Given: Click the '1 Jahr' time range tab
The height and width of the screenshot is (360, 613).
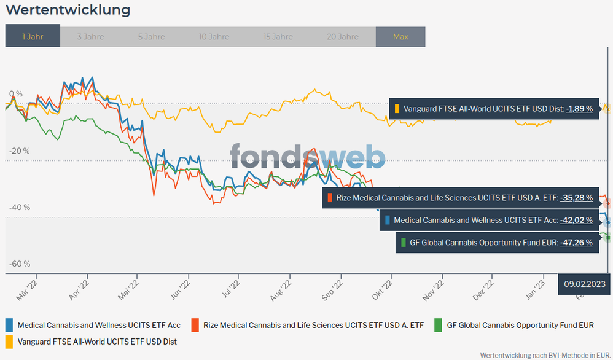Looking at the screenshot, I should pyautogui.click(x=33, y=37).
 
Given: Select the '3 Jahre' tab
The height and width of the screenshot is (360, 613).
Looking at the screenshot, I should pyautogui.click(x=90, y=37).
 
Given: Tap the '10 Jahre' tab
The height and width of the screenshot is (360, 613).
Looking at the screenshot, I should pyautogui.click(x=214, y=37).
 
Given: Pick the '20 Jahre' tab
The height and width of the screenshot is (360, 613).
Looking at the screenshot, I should pyautogui.click(x=343, y=37).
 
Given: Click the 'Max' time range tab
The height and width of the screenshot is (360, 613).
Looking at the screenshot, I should pyautogui.click(x=400, y=37).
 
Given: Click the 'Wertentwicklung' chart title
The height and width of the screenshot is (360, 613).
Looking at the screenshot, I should pyautogui.click(x=68, y=10).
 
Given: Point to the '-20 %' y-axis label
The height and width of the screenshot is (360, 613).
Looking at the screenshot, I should pyautogui.click(x=19, y=151).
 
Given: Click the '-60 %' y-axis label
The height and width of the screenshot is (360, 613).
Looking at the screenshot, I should pyautogui.click(x=19, y=264).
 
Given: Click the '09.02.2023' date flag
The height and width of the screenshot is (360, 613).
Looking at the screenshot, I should pyautogui.click(x=585, y=283).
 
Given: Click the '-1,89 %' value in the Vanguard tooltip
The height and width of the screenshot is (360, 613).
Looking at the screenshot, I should pyautogui.click(x=579, y=109).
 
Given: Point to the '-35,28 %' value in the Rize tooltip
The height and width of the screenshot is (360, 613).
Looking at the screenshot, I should pyautogui.click(x=576, y=198).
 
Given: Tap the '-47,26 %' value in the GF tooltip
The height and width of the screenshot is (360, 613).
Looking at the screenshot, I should pyautogui.click(x=576, y=243).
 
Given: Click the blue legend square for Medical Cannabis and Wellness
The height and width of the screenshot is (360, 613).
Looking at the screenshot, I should pyautogui.click(x=9, y=324).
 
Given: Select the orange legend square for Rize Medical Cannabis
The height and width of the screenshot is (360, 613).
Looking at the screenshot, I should pyautogui.click(x=195, y=324).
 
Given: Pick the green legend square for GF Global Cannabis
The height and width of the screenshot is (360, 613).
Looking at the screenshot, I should pyautogui.click(x=439, y=324).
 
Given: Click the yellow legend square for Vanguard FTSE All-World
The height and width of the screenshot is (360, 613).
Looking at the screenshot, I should pyautogui.click(x=9, y=340).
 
